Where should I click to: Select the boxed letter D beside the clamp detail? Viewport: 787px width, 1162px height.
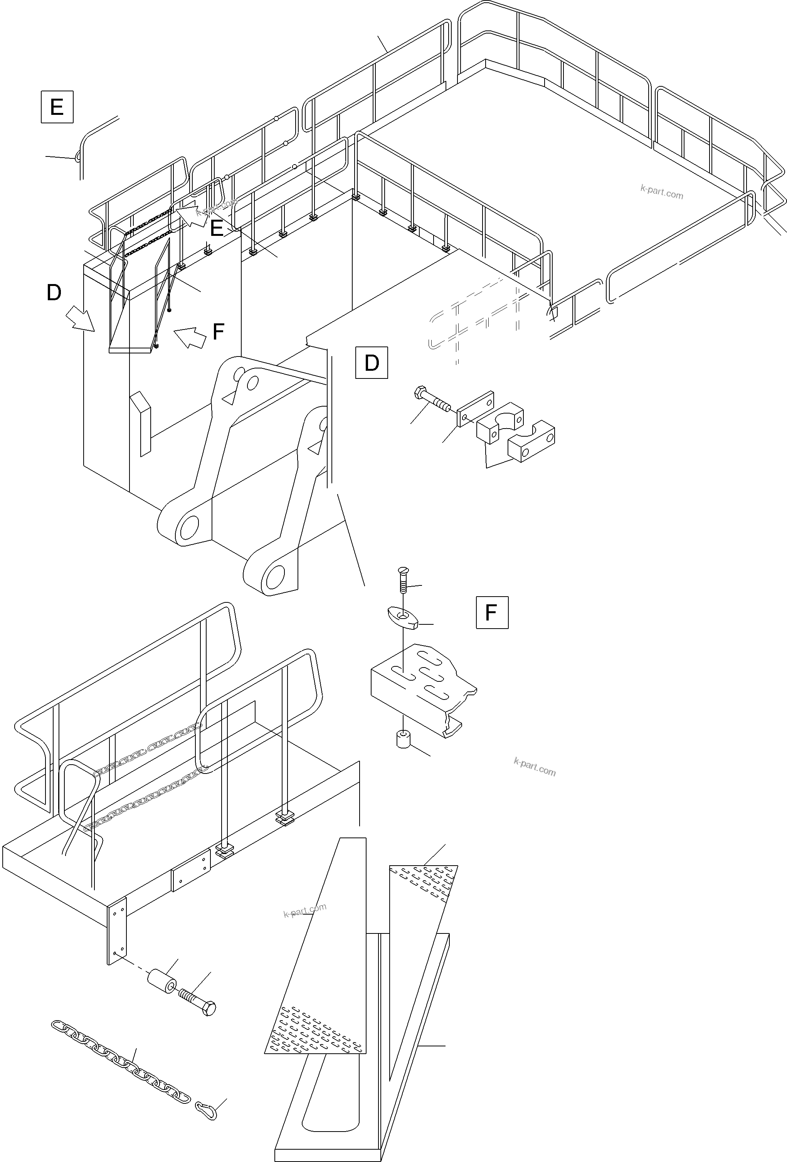(372, 363)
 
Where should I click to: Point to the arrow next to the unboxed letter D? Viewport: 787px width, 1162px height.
(80, 318)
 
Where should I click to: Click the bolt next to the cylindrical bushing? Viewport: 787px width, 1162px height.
(198, 1002)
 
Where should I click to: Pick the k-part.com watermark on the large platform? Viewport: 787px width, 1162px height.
(661, 192)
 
